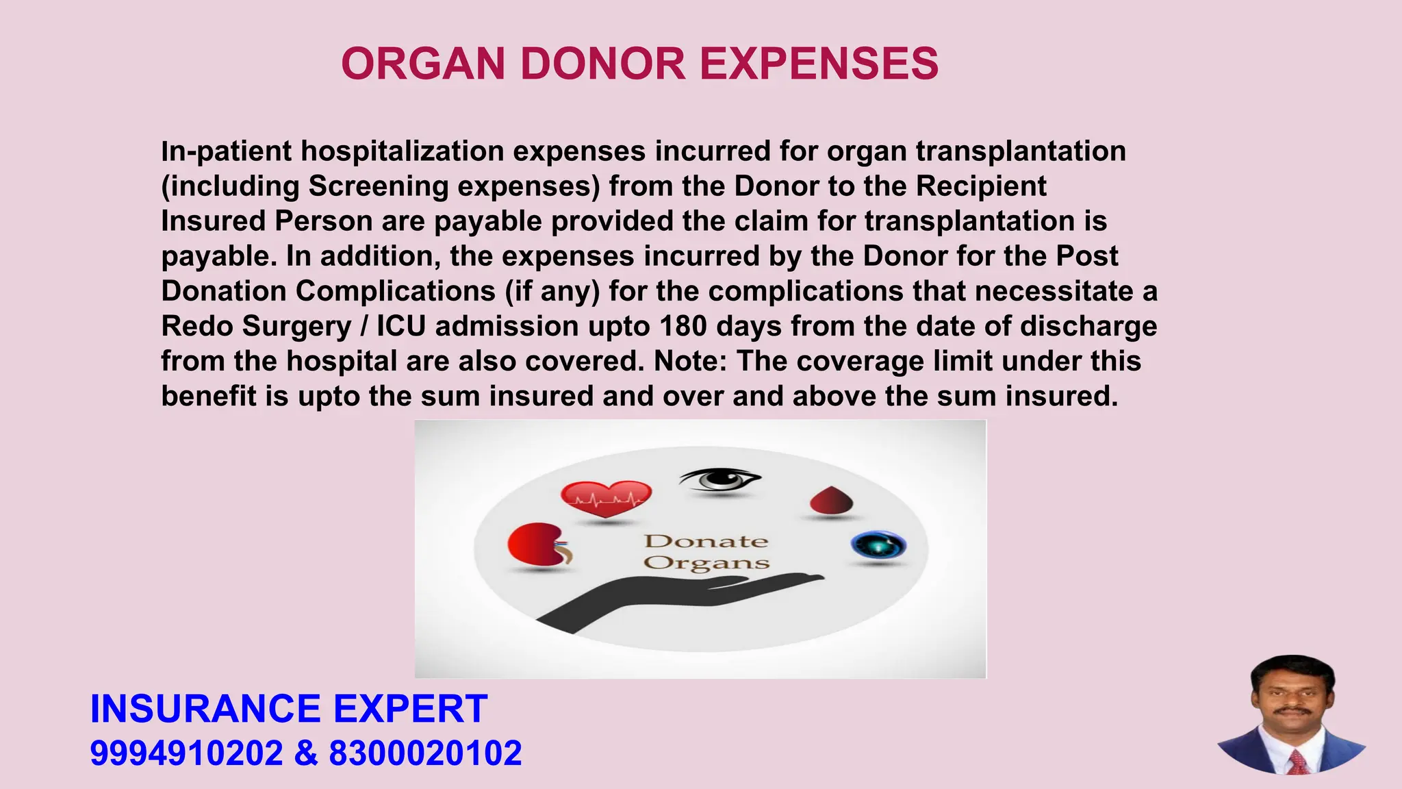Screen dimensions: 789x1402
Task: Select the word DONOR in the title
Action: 602,64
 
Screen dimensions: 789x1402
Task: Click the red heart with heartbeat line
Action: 606,499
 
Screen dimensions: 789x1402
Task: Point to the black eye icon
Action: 719,479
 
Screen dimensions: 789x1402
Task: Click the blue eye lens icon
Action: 878,546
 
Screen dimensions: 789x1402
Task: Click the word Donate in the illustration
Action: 706,541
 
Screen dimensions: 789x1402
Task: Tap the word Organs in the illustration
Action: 706,563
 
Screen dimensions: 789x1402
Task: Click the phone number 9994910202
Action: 186,753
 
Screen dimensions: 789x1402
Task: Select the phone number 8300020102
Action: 425,753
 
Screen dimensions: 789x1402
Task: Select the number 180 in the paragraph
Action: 683,326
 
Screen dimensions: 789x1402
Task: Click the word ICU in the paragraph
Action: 401,326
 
